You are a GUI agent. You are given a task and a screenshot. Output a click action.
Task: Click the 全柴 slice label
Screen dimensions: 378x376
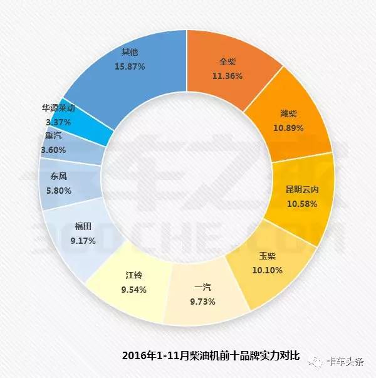click(x=226, y=63)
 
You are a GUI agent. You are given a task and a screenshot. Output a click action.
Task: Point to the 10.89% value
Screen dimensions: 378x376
click(x=288, y=128)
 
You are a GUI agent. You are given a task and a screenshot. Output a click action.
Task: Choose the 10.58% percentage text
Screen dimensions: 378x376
click(x=302, y=204)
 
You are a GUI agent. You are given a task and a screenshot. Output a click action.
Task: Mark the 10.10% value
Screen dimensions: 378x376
click(x=268, y=270)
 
